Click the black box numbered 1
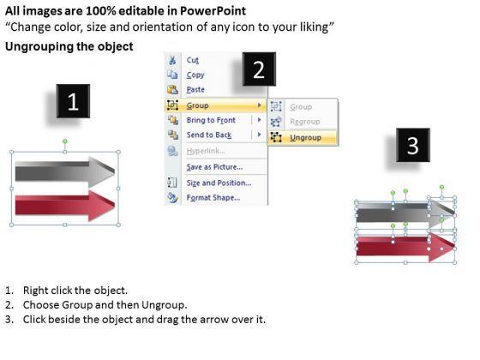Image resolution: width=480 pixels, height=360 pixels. (73, 101)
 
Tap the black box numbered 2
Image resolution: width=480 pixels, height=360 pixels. (259, 69)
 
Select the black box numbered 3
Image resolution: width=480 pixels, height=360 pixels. (413, 145)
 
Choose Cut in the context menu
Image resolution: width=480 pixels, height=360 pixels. (193, 60)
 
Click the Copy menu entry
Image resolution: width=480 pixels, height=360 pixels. (195, 75)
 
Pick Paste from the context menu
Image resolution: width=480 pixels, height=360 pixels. (195, 90)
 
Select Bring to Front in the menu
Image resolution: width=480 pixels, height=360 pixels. (211, 120)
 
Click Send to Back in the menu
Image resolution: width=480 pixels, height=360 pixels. (209, 135)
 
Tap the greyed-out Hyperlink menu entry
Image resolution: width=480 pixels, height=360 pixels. (206, 151)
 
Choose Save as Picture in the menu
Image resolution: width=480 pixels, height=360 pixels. (214, 167)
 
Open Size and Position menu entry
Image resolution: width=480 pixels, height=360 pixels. (219, 183)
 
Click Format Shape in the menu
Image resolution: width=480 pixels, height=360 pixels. (213, 197)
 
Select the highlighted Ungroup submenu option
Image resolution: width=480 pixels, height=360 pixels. (305, 138)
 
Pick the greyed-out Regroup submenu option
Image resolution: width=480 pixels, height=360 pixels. (305, 122)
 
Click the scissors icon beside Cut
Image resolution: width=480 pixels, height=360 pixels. (172, 60)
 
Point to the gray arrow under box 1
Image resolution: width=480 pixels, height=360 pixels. (65, 171)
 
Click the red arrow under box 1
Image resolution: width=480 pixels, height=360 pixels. (65, 206)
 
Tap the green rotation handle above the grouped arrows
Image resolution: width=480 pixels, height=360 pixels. (65, 141)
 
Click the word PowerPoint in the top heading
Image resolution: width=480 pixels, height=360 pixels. (213, 11)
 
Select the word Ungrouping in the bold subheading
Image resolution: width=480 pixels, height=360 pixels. (39, 46)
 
